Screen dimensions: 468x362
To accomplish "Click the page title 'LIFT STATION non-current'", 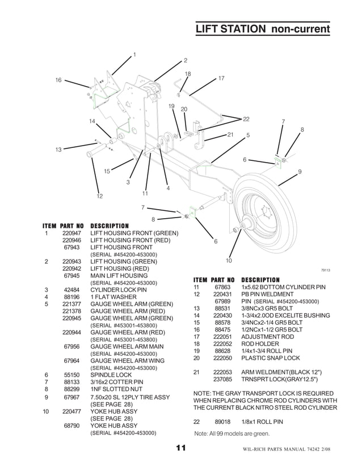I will [x=262, y=29].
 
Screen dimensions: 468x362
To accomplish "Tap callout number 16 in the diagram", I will [x=58, y=80].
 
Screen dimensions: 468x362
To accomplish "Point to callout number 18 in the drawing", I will [x=188, y=74].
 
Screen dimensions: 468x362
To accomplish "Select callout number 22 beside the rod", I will [x=246, y=119].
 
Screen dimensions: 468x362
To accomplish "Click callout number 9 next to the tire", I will [x=300, y=171].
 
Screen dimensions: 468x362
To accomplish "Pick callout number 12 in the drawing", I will [x=99, y=196].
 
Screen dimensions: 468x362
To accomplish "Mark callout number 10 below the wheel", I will [x=229, y=261].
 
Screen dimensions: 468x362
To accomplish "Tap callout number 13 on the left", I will [x=58, y=150].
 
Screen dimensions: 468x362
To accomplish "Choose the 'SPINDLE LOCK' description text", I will [x=111, y=375].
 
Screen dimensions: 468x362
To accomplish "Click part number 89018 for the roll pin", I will [x=222, y=422].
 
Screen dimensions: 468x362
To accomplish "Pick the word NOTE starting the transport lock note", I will [x=203, y=393].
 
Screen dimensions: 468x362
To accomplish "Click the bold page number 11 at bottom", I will [x=180, y=449].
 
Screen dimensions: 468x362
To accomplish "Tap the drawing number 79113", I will [x=326, y=270].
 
